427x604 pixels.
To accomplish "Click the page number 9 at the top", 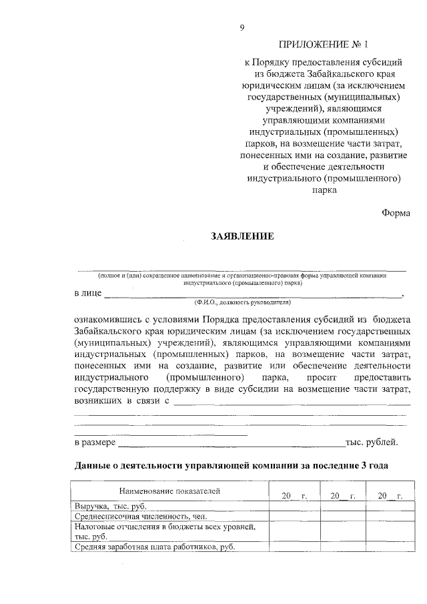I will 242,27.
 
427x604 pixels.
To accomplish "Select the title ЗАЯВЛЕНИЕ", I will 242,236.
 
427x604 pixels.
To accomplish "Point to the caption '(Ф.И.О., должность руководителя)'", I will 241,302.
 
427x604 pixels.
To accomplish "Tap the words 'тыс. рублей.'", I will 372,442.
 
